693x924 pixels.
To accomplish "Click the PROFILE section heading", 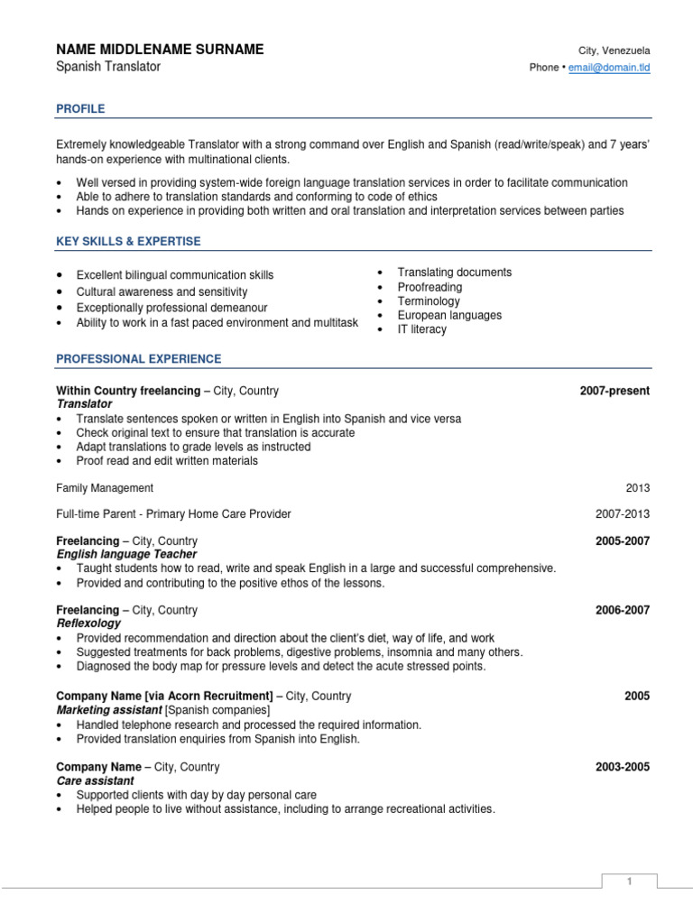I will coord(80,109).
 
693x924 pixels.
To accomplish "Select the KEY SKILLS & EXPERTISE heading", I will coord(128,242).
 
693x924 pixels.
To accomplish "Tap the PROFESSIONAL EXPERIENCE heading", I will coord(138,359).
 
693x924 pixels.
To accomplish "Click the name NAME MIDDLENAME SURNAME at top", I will coord(160,50).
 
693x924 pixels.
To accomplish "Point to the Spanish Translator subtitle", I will coord(108,67).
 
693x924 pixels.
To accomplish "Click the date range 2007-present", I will coord(614,391).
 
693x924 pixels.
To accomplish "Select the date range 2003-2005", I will coord(622,768).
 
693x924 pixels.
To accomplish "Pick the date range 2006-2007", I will coord(622,611).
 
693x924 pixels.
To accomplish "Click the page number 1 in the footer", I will coord(631,882).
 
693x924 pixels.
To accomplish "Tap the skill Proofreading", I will coord(430,287).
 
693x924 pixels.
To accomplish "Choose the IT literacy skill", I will coord(421,329).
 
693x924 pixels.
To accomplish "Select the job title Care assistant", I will coord(95,781).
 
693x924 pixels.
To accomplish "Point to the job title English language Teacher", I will coord(126,554).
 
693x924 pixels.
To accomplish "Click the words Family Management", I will coord(105,488).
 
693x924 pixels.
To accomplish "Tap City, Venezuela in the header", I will coord(614,51).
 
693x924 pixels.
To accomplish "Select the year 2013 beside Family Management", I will coord(637,488).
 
